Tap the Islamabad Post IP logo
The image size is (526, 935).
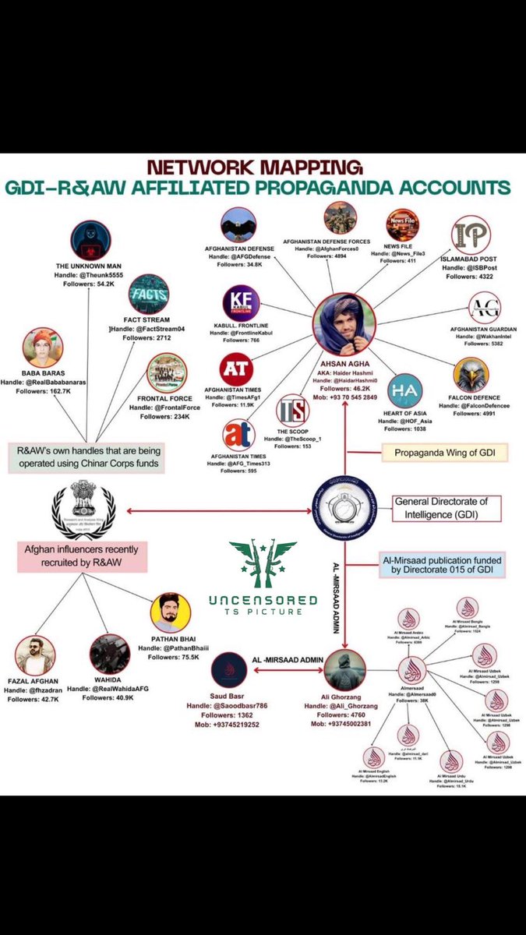[x=471, y=235]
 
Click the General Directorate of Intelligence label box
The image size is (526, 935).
[x=445, y=509]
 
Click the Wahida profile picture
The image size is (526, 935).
[x=110, y=654]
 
